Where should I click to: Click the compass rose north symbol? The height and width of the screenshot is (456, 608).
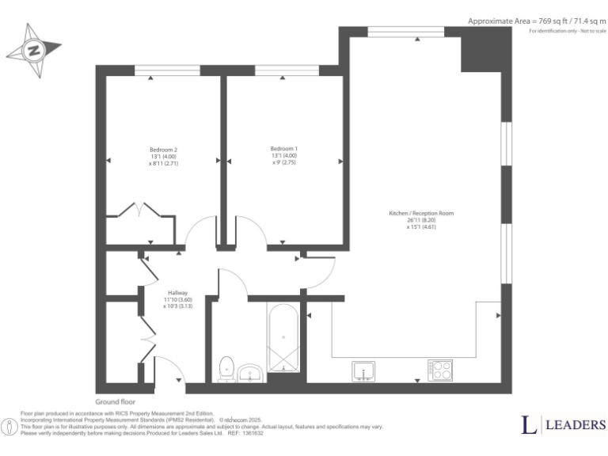[34, 50]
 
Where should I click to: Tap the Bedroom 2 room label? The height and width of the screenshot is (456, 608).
[163, 150]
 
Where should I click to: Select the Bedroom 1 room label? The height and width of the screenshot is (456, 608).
[283, 149]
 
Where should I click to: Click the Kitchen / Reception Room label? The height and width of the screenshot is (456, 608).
[421, 214]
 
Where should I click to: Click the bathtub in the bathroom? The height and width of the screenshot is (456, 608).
[283, 339]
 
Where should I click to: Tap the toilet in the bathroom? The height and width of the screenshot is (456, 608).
[226, 368]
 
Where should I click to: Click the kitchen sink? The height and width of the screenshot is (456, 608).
[364, 370]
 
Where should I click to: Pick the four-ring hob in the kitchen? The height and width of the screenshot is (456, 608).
[440, 370]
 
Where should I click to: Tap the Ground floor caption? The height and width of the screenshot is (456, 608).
[116, 402]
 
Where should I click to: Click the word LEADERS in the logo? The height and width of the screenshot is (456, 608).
[574, 425]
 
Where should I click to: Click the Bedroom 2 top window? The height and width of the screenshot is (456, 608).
[166, 70]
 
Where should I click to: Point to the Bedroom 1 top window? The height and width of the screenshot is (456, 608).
[287, 70]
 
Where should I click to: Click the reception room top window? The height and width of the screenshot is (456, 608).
[405, 31]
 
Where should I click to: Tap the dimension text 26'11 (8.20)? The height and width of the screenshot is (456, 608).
[420, 221]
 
